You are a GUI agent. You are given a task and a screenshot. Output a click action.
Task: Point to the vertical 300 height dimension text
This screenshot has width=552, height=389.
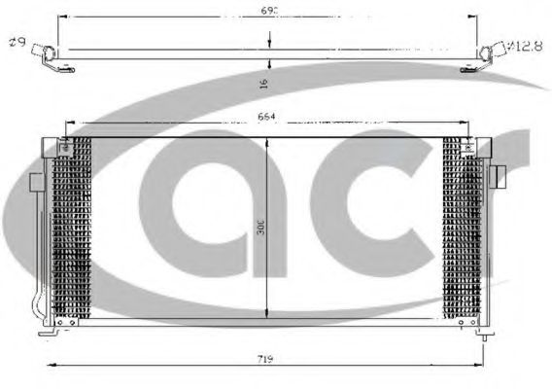point(261,228)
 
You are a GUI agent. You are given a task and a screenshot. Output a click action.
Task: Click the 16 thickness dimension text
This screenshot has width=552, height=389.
point(264,84)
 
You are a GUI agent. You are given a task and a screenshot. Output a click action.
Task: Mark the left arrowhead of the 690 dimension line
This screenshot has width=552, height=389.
point(60,17)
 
